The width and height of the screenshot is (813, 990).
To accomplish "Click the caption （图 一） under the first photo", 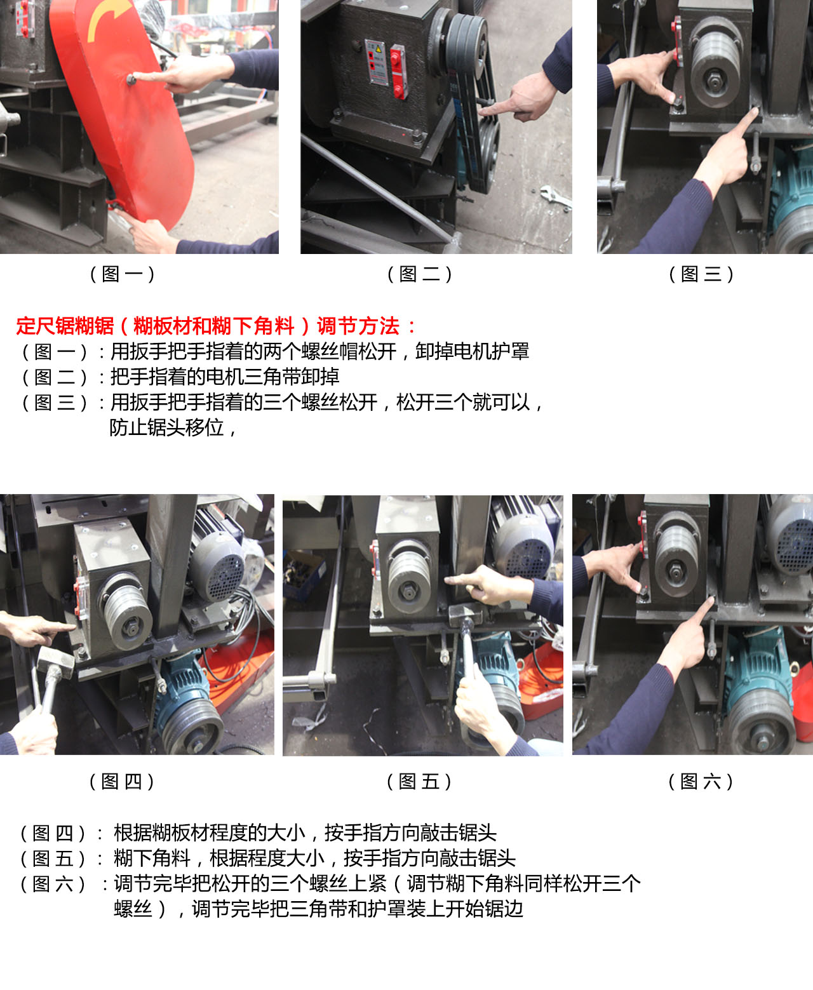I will click(122, 274).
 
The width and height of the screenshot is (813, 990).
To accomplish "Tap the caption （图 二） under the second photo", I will click(419, 274).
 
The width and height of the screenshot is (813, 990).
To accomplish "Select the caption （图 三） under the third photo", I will click(701, 274).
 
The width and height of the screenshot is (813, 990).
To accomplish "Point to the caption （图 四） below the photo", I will click(122, 781).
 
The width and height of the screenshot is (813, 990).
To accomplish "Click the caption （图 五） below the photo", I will click(419, 781).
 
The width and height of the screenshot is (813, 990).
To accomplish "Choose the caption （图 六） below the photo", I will click(701, 781).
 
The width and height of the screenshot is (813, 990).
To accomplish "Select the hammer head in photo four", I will click(55, 660).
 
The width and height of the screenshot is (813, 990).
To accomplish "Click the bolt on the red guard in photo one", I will click(131, 79).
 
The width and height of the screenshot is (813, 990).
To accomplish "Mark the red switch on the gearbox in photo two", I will click(397, 70).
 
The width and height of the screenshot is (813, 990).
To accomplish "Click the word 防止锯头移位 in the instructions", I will click(167, 427).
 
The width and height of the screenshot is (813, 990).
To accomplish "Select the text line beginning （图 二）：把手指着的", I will click(180, 377).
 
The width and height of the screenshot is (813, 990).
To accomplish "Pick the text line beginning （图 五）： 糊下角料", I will click(267, 858).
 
